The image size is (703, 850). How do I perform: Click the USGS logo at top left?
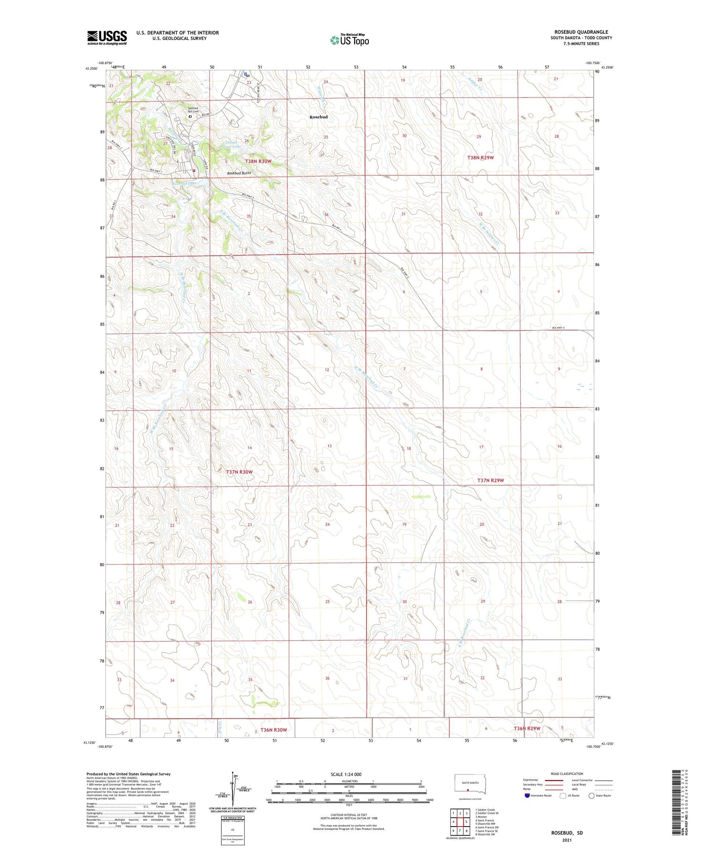pos(107,38)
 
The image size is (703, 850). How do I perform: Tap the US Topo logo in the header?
pos(350,40)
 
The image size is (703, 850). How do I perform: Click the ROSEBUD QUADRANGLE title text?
pos(581,32)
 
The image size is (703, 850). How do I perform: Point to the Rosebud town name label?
pos(318,117)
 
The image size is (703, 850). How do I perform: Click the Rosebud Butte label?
pos(239,173)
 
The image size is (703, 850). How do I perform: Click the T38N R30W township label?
pos(258,161)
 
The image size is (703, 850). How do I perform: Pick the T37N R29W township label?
pos(490,481)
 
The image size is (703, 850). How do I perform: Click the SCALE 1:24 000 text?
pos(346,775)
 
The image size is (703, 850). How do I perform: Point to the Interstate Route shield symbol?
pos(527,796)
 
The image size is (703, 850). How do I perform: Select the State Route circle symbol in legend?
pos(591,796)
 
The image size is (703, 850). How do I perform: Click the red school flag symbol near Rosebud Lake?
pos(194,171)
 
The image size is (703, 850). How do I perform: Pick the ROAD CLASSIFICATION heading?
pos(567,774)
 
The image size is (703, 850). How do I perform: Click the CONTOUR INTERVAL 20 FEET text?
pos(349,815)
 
